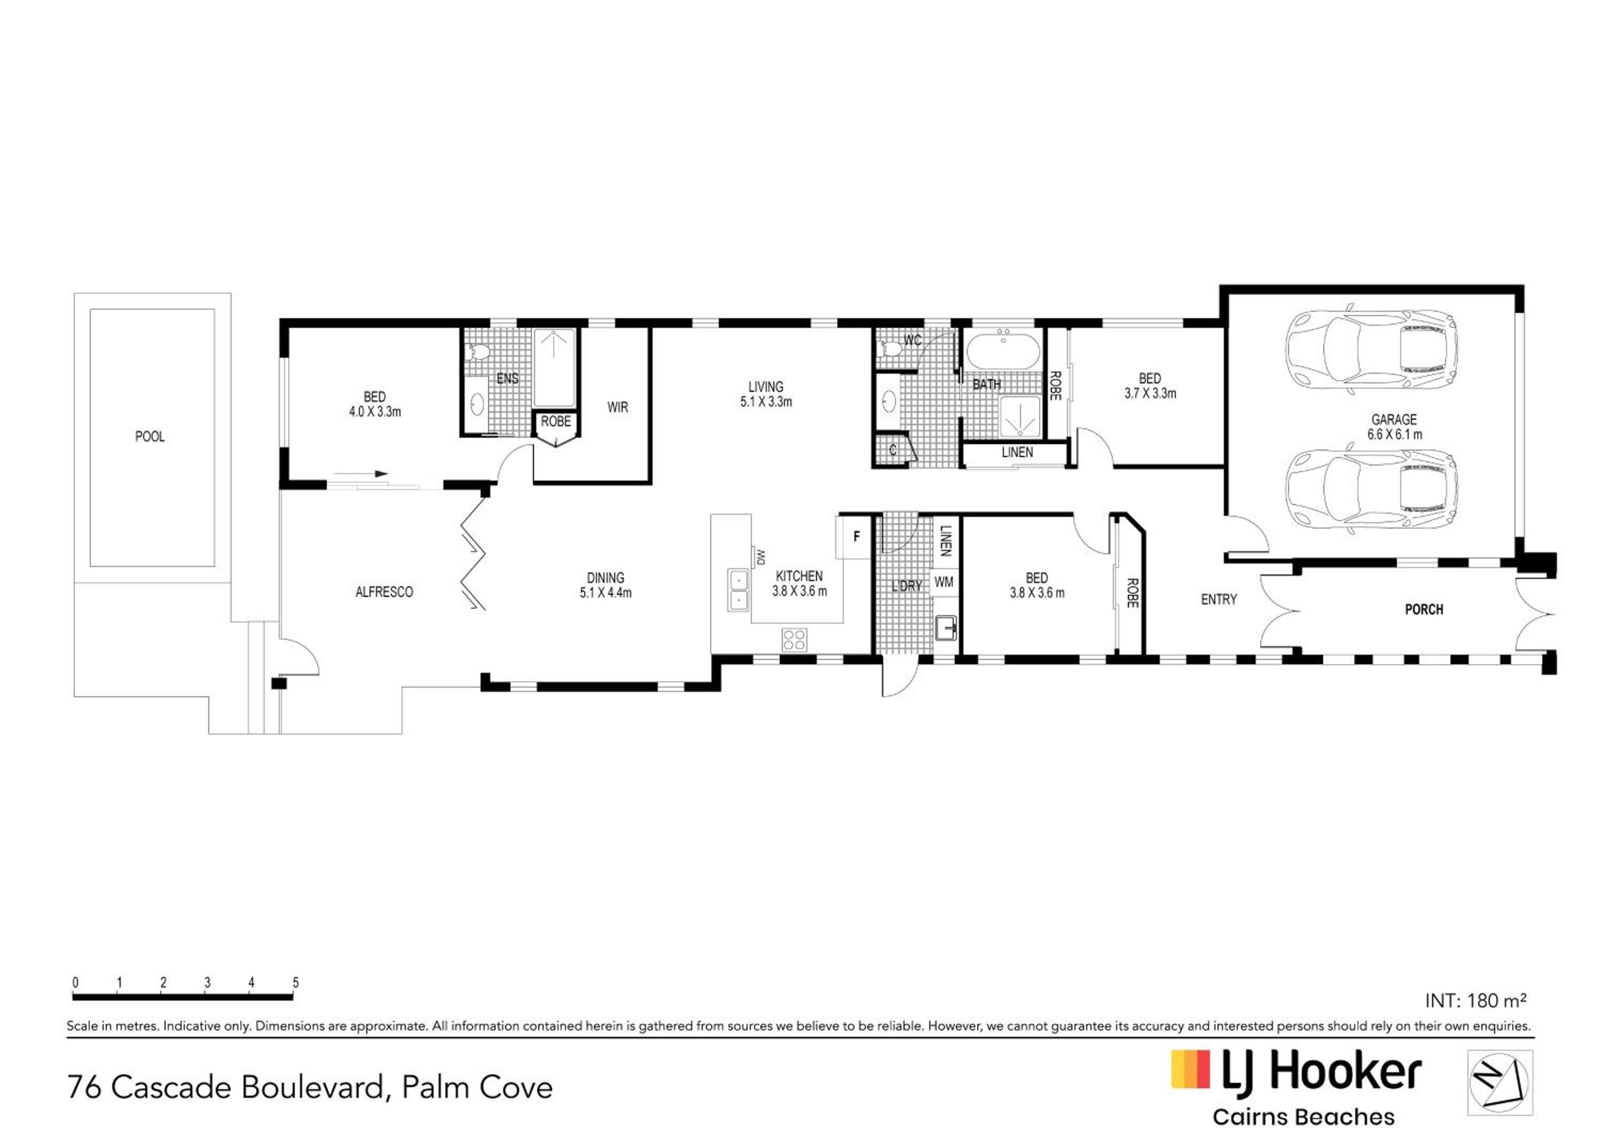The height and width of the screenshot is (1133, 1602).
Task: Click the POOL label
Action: point(150,437)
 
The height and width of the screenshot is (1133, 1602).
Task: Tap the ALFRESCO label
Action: point(384,592)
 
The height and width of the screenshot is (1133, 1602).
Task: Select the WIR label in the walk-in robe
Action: point(617,407)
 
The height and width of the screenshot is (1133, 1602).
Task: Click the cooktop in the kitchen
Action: point(794,639)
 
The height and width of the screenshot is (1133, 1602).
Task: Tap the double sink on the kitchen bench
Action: point(737,589)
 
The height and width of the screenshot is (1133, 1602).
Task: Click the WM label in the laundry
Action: point(944,582)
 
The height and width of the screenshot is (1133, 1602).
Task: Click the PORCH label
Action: point(1424,610)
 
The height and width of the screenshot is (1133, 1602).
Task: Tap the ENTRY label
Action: point(1219,599)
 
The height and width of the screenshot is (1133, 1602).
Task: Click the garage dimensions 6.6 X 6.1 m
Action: point(1395,435)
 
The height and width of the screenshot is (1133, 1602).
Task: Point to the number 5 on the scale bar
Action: point(296,982)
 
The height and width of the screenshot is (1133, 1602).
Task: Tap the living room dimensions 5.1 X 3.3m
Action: point(766,402)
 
